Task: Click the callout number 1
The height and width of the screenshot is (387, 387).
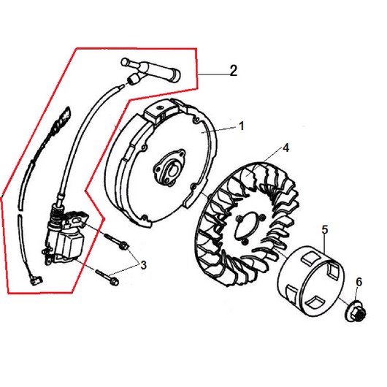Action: pos(242,126)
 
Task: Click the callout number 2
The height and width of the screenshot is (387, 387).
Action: pos(234,71)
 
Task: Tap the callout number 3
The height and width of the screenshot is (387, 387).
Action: pos(143,265)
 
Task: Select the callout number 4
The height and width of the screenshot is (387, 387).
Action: pos(286,147)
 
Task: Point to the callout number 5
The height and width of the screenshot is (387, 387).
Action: pos(325,230)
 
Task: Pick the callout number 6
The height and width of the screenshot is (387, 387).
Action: pos(359,282)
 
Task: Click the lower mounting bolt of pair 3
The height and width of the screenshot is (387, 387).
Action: pos(107,277)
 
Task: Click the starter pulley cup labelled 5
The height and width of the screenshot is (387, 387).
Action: pos(312,279)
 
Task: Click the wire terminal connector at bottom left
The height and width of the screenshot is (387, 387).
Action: pos(37,280)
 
